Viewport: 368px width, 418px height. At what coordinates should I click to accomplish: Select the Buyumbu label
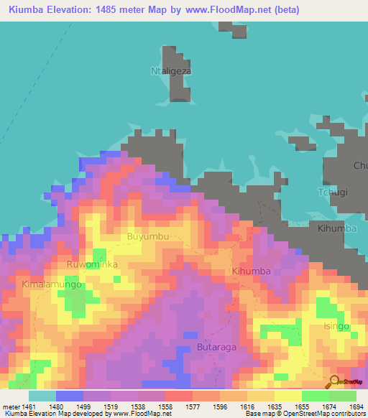[x=148, y=236]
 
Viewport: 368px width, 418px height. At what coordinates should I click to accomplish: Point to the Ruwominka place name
[x=91, y=264]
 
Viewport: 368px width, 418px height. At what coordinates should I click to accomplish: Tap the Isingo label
[x=336, y=326]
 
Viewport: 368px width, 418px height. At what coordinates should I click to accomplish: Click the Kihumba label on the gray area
[x=332, y=228]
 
